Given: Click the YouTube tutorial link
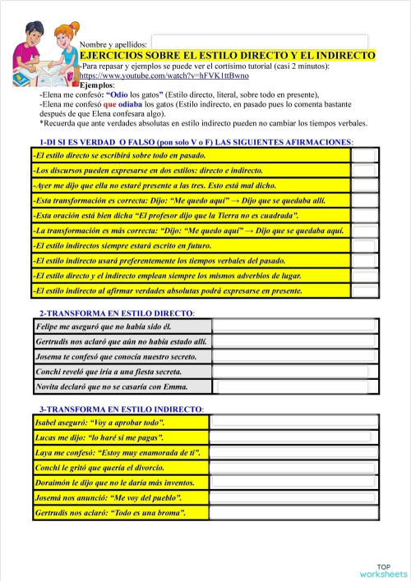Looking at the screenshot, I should pyautogui.click(x=164, y=75).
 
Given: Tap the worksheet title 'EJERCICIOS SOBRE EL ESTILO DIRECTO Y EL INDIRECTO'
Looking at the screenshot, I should pyautogui.click(x=227, y=55).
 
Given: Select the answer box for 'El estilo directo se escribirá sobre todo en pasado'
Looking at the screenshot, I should pyautogui.click(x=364, y=154).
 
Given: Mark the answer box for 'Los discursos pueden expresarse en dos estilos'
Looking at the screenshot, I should pyautogui.click(x=364, y=170).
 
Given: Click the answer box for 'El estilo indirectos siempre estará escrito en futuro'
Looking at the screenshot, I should pyautogui.click(x=364, y=245).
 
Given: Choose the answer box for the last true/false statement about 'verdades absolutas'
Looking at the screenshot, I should pyautogui.click(x=364, y=290).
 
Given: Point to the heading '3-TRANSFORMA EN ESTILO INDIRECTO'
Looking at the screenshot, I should pyautogui.click(x=122, y=409).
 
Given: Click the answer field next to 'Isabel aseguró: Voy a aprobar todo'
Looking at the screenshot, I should pyautogui.click(x=293, y=423).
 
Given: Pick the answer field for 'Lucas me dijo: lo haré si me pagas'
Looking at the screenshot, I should pyautogui.click(x=293, y=437).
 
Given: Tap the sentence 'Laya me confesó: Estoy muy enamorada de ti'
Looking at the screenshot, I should pyautogui.click(x=120, y=453).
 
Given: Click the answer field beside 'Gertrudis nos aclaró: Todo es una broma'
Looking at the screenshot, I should pyautogui.click(x=293, y=513).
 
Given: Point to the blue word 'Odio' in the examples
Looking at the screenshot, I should pyautogui.click(x=119, y=94).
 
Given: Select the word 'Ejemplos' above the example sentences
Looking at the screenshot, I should pyautogui.click(x=98, y=85).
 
